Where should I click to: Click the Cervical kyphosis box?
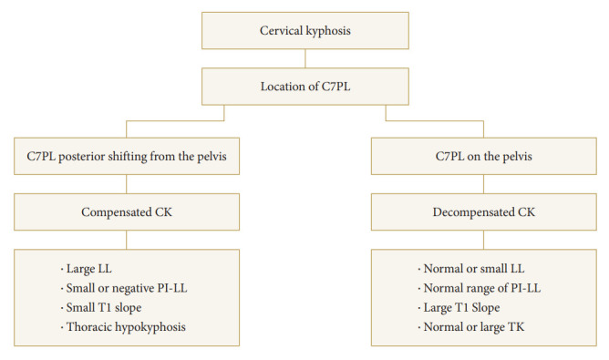point(305,31)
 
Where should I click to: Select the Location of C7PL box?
point(305,87)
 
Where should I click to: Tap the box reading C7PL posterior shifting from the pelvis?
point(127,156)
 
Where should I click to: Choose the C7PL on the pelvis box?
point(484,156)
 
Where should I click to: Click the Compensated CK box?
point(127,212)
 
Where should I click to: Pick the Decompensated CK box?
point(484,212)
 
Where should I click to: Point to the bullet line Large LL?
point(87,269)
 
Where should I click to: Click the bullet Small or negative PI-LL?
point(124,288)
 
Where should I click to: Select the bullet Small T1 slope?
point(101,307)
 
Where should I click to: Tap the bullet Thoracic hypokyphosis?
point(123,327)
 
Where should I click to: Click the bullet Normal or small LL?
point(471,269)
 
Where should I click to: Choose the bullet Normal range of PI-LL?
point(480,288)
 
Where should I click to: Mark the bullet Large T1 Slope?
point(459,307)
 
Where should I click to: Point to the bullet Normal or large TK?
point(471,327)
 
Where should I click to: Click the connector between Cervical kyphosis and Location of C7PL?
point(305,58)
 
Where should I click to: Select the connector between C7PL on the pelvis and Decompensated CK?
point(483,184)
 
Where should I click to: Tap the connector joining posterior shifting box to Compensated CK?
point(126,184)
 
